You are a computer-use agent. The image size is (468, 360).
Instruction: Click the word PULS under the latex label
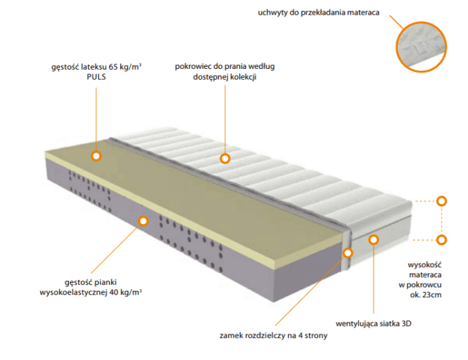coord(96,77)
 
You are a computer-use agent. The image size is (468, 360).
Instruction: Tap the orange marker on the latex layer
coord(96,156)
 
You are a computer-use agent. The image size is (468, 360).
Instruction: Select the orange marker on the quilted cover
coord(225,158)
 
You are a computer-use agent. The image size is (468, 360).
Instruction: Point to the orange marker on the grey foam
coord(144,221)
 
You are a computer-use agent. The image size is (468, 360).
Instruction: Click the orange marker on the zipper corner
coord(348,253)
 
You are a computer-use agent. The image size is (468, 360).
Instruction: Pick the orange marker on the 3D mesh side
coord(373,240)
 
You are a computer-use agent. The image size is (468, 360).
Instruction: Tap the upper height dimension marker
coord(441,201)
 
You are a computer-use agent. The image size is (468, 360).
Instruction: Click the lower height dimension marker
coord(441,240)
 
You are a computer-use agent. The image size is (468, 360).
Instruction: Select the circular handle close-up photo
coord(421,47)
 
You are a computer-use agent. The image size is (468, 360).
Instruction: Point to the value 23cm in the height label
coord(432,295)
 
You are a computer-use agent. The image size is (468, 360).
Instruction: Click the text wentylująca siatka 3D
coord(373,324)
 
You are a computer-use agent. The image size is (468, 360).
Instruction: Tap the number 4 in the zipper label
coord(301,335)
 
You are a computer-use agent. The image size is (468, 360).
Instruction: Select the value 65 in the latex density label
coord(113,67)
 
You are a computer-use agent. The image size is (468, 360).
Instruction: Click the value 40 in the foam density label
coord(114,292)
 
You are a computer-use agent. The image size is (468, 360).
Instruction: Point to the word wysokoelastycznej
coord(74,292)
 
